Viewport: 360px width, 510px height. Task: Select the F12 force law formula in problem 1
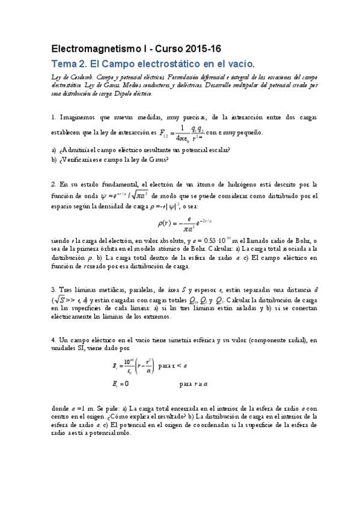coord(186,132)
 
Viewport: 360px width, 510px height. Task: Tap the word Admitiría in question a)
coord(79,149)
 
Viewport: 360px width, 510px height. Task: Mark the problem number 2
coord(53,183)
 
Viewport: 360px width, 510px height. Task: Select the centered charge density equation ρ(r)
coord(180,223)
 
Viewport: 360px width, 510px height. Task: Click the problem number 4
coord(53,340)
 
